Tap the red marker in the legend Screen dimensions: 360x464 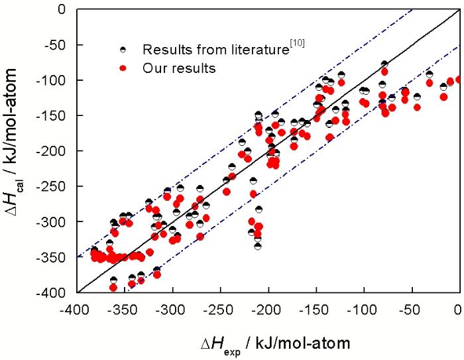pyautogui.click(x=122, y=68)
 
